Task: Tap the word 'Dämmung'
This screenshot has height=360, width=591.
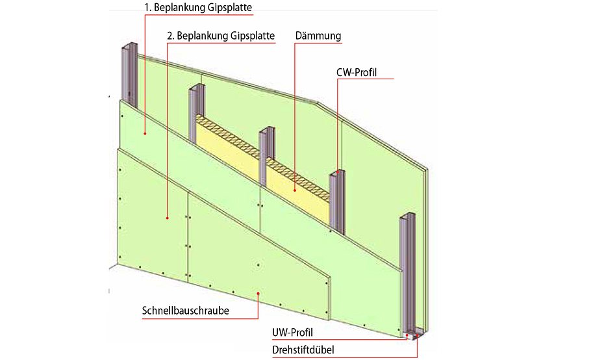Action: coord(318,36)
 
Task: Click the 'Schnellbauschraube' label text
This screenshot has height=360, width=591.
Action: coord(185,311)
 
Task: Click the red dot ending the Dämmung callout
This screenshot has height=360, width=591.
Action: coord(294,190)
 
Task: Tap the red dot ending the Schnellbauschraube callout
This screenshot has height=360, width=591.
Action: coord(258,293)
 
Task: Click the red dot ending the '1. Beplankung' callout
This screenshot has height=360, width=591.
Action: coord(145,133)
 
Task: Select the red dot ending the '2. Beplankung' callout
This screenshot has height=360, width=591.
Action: coord(168,218)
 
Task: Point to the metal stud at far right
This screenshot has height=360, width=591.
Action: coord(407,273)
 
